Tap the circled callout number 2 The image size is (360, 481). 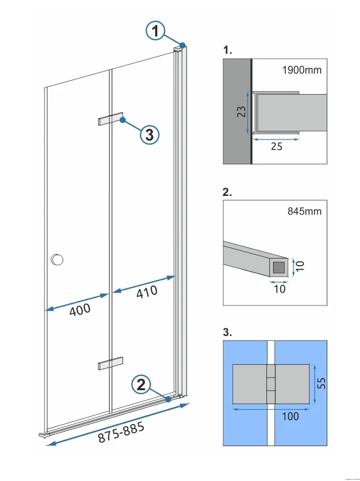point(142,384)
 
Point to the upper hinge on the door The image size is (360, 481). point(111,120)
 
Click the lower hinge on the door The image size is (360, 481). point(111,363)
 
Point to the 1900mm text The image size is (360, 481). point(301,70)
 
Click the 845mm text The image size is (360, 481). point(305,211)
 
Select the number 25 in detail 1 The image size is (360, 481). point(276,147)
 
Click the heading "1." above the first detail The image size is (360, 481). point(228,50)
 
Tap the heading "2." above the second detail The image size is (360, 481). point(228,193)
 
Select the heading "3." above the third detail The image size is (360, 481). point(228,333)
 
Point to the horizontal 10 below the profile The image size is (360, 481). point(280,289)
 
